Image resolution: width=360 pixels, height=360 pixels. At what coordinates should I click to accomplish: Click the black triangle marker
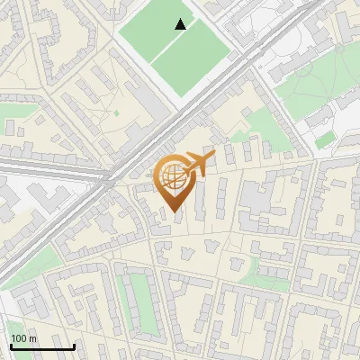(x=181, y=25)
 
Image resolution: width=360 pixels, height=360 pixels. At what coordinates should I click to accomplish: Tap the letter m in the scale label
(x=33, y=338)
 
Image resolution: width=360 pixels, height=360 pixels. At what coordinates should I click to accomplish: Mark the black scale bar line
(x=42, y=346)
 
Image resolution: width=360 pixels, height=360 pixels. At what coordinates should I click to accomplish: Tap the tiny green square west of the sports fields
(x=116, y=112)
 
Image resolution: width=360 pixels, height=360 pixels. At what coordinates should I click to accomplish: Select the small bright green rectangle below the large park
(x=325, y=139)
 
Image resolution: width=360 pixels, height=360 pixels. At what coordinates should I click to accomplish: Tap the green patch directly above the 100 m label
(x=18, y=327)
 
